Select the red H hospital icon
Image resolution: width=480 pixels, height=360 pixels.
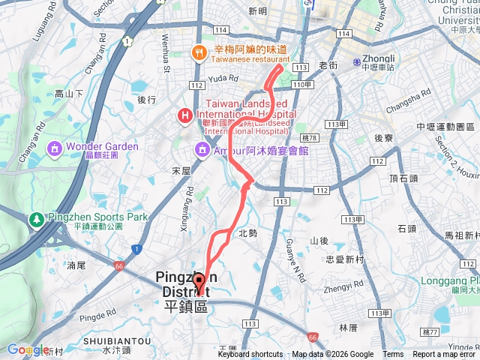(x=184, y=115)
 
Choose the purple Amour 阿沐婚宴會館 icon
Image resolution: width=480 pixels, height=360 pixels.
(x=202, y=150)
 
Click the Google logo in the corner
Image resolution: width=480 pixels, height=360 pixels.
(x=28, y=349)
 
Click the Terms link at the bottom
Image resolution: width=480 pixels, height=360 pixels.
(x=393, y=355)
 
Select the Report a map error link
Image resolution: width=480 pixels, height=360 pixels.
(x=445, y=355)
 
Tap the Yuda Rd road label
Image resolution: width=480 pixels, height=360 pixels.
(x=223, y=77)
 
